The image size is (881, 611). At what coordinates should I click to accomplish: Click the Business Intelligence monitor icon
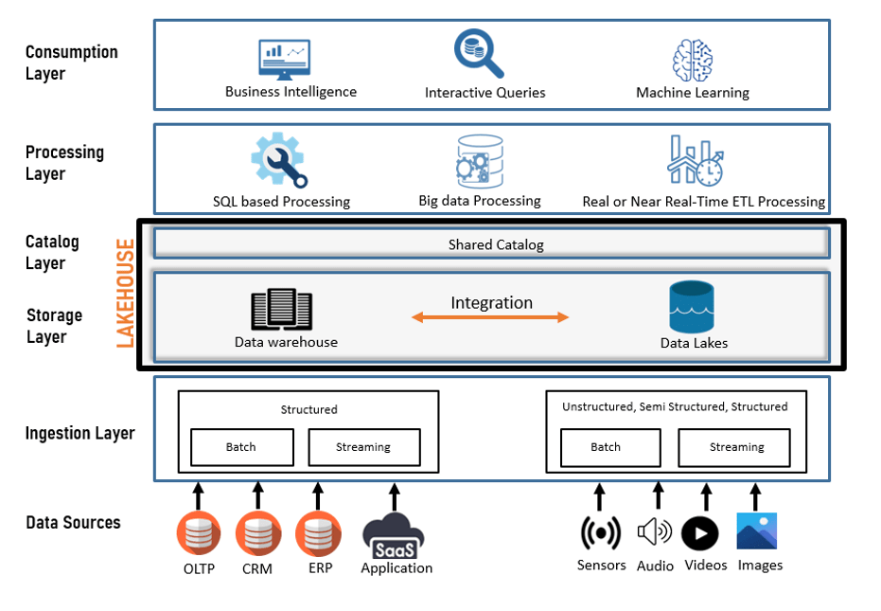pyautogui.click(x=285, y=57)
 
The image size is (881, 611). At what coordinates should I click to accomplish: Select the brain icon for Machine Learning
pyautogui.click(x=692, y=60)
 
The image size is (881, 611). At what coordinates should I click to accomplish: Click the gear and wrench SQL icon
pyautogui.click(x=279, y=160)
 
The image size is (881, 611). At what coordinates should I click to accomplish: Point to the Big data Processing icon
pyautogui.click(x=479, y=161)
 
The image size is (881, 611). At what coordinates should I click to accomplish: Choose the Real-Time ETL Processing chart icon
pyautogui.click(x=696, y=160)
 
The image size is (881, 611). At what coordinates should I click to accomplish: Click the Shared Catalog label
pyautogui.click(x=496, y=244)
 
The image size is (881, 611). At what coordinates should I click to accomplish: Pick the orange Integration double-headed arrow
pyautogui.click(x=490, y=318)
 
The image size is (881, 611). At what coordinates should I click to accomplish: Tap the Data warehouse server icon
pyautogui.click(x=281, y=310)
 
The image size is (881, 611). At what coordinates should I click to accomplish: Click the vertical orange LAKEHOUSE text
pyautogui.click(x=125, y=294)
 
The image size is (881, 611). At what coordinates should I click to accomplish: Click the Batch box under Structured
pyautogui.click(x=240, y=447)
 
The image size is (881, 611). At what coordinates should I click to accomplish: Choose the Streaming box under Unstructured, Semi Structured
pyautogui.click(x=736, y=447)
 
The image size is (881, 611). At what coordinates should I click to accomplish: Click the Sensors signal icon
pyautogui.click(x=600, y=533)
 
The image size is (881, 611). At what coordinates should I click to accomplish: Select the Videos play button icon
pyautogui.click(x=700, y=533)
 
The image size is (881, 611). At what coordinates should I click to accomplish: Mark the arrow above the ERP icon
pyautogui.click(x=318, y=495)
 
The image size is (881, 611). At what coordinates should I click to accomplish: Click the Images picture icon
pyautogui.click(x=756, y=531)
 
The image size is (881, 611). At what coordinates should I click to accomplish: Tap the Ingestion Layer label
pyautogui.click(x=79, y=434)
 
